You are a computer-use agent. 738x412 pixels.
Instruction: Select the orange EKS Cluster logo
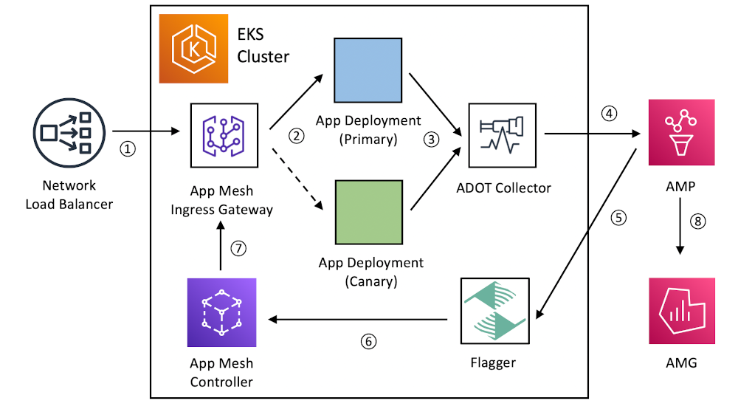coord(194,48)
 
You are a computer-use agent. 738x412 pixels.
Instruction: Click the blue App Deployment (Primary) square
coord(368,72)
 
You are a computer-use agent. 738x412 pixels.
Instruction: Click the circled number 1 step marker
coord(128,148)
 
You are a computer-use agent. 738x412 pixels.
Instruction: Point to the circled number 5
coord(618,219)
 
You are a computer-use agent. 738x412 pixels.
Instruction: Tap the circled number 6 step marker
coord(368,341)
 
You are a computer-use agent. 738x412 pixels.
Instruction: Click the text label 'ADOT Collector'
coord(503,188)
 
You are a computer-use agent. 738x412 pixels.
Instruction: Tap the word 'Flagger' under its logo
coord(492,363)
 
